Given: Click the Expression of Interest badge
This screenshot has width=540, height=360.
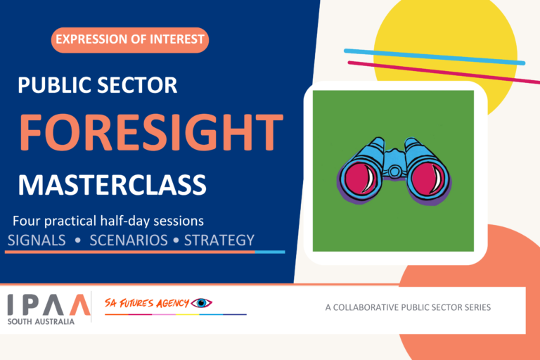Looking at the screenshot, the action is pos(130,40).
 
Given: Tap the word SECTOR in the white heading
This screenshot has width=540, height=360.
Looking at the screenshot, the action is pos(137,85).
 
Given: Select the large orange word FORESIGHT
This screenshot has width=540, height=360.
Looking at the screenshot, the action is pos(151,132).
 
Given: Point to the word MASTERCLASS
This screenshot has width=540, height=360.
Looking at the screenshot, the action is pos(112,186).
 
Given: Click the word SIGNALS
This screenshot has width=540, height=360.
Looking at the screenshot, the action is pos(37,240).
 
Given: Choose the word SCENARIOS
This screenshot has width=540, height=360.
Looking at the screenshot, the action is pos(129,240).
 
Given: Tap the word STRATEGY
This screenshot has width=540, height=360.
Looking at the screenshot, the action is pos(219,240).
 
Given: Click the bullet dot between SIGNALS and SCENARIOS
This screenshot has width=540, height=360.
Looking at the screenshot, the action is pos(78,240).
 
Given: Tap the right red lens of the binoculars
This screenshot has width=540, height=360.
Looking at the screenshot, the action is pos(428,178).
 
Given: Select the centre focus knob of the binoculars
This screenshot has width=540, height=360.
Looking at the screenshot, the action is pos(394,171).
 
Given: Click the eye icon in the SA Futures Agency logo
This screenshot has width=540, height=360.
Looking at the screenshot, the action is pos(202,303).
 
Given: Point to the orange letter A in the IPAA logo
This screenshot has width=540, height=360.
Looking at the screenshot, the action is pos(80,304).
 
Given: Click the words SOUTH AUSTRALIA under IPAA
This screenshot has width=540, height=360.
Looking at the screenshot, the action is pos(41,321).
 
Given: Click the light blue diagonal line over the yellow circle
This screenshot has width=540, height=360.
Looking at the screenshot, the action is pos(435,57).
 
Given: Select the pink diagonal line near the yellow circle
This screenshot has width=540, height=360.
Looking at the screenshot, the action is pos(444,72).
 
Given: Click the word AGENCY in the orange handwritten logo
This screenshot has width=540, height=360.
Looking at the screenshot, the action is pos(172,303).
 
